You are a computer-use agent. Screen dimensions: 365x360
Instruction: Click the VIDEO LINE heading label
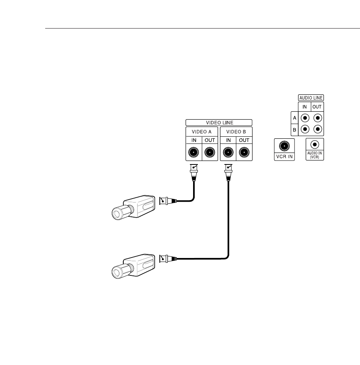pos(219,122)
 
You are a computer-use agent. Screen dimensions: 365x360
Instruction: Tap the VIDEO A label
pos(202,131)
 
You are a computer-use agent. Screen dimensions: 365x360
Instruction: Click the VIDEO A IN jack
pos(193,152)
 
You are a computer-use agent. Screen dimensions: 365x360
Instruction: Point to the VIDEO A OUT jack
pos(210,152)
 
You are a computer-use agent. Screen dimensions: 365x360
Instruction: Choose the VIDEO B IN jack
pos(228,152)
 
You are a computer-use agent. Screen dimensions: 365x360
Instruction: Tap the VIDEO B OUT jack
pos(244,152)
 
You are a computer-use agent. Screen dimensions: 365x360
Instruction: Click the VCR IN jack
pos(284,146)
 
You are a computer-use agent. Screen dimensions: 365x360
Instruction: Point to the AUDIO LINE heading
pos(310,97)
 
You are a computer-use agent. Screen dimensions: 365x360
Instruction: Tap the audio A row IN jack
pos(305,118)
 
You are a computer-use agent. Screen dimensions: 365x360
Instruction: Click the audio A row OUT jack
pos(317,118)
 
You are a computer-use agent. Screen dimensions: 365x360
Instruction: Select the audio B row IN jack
pos(305,129)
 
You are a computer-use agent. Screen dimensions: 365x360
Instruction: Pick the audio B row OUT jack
pos(317,129)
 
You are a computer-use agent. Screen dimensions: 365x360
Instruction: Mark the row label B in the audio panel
pos(294,129)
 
